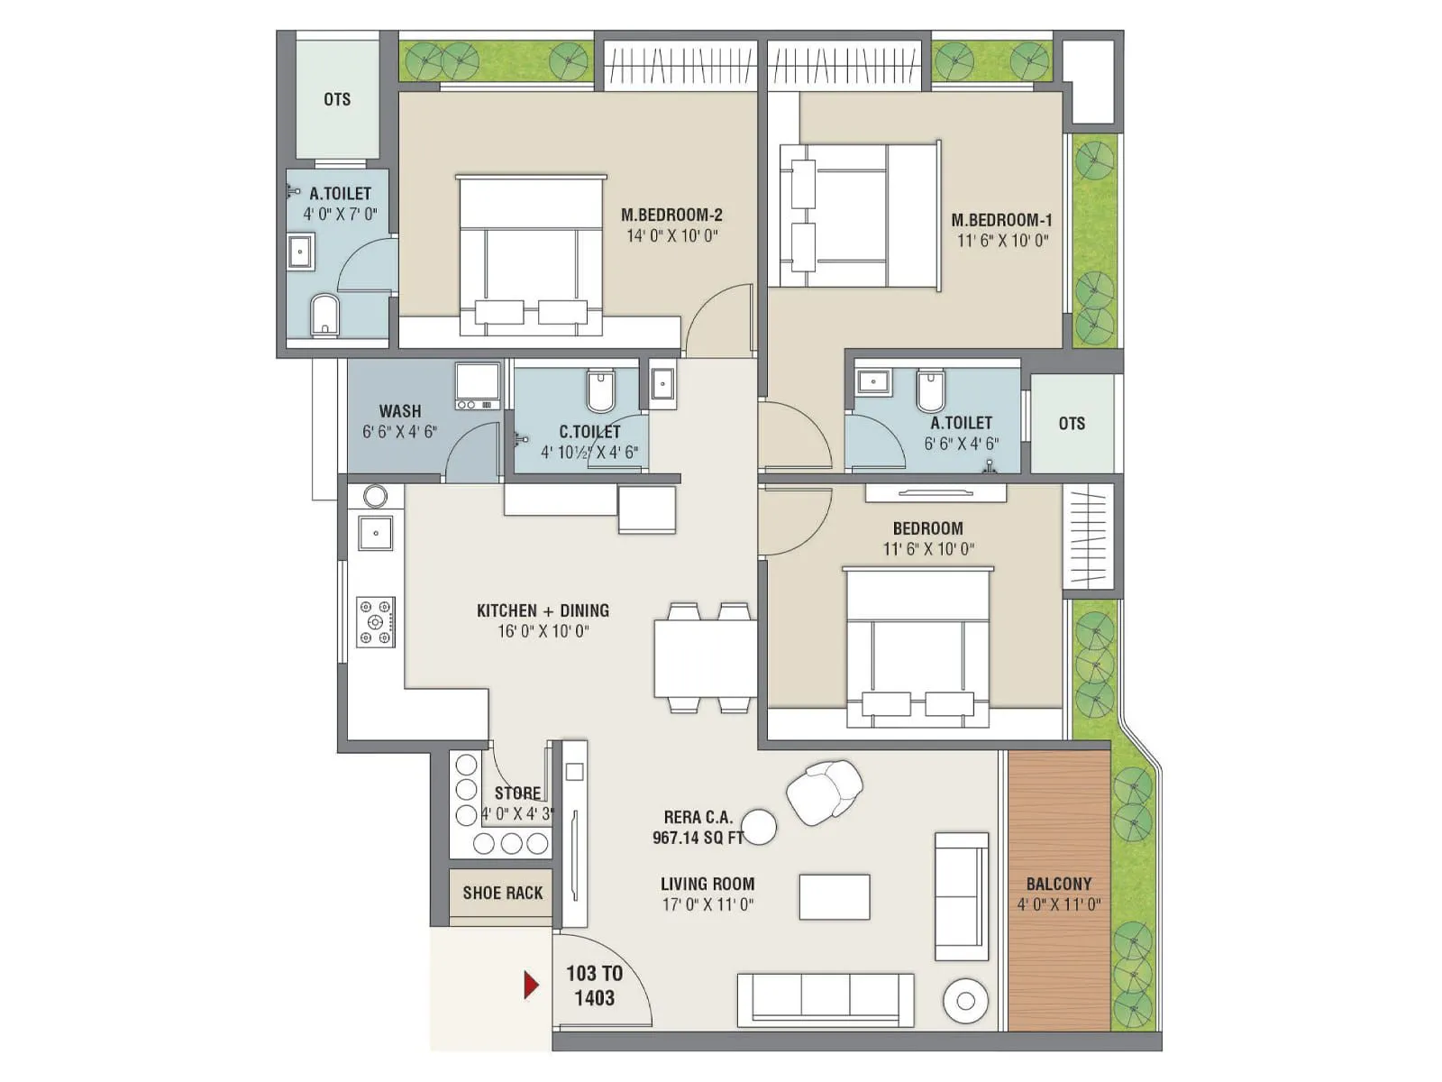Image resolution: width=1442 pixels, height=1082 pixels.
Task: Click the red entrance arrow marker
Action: pyautogui.click(x=532, y=984)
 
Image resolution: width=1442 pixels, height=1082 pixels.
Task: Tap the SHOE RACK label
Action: pyautogui.click(x=502, y=893)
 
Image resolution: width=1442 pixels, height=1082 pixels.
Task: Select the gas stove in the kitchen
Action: pyautogui.click(x=376, y=621)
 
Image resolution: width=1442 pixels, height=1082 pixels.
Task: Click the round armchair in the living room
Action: pyautogui.click(x=824, y=792)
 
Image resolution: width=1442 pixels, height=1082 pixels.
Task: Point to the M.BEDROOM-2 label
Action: pyautogui.click(x=671, y=215)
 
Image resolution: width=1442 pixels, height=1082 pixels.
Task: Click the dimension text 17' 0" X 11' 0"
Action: pyautogui.click(x=707, y=904)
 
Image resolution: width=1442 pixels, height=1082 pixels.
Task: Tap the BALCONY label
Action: pyautogui.click(x=1058, y=884)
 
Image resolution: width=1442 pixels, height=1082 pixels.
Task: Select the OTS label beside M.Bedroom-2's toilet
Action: pyautogui.click(x=337, y=99)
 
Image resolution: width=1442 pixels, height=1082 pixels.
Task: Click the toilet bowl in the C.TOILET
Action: pyautogui.click(x=600, y=390)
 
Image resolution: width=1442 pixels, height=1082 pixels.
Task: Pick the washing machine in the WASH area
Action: pyautogui.click(x=478, y=386)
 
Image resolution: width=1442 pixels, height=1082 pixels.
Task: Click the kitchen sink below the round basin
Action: pyautogui.click(x=376, y=533)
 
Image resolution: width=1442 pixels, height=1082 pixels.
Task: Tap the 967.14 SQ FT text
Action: pyautogui.click(x=698, y=838)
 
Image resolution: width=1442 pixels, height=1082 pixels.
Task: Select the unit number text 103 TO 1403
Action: pyautogui.click(x=594, y=986)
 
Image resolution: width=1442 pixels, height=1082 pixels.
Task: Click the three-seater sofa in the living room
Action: pyautogui.click(x=825, y=999)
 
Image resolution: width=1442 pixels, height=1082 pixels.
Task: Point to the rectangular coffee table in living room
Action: pyautogui.click(x=835, y=897)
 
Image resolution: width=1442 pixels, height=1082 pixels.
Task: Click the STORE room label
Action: pyautogui.click(x=517, y=793)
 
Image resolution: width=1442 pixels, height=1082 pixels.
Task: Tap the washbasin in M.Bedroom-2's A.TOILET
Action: pyautogui.click(x=300, y=251)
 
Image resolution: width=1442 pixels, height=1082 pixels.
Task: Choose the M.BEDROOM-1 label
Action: pyautogui.click(x=1001, y=220)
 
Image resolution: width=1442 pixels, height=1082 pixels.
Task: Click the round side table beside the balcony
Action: pyautogui.click(x=965, y=1000)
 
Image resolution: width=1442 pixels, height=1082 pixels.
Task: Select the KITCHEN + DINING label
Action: pyautogui.click(x=543, y=610)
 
